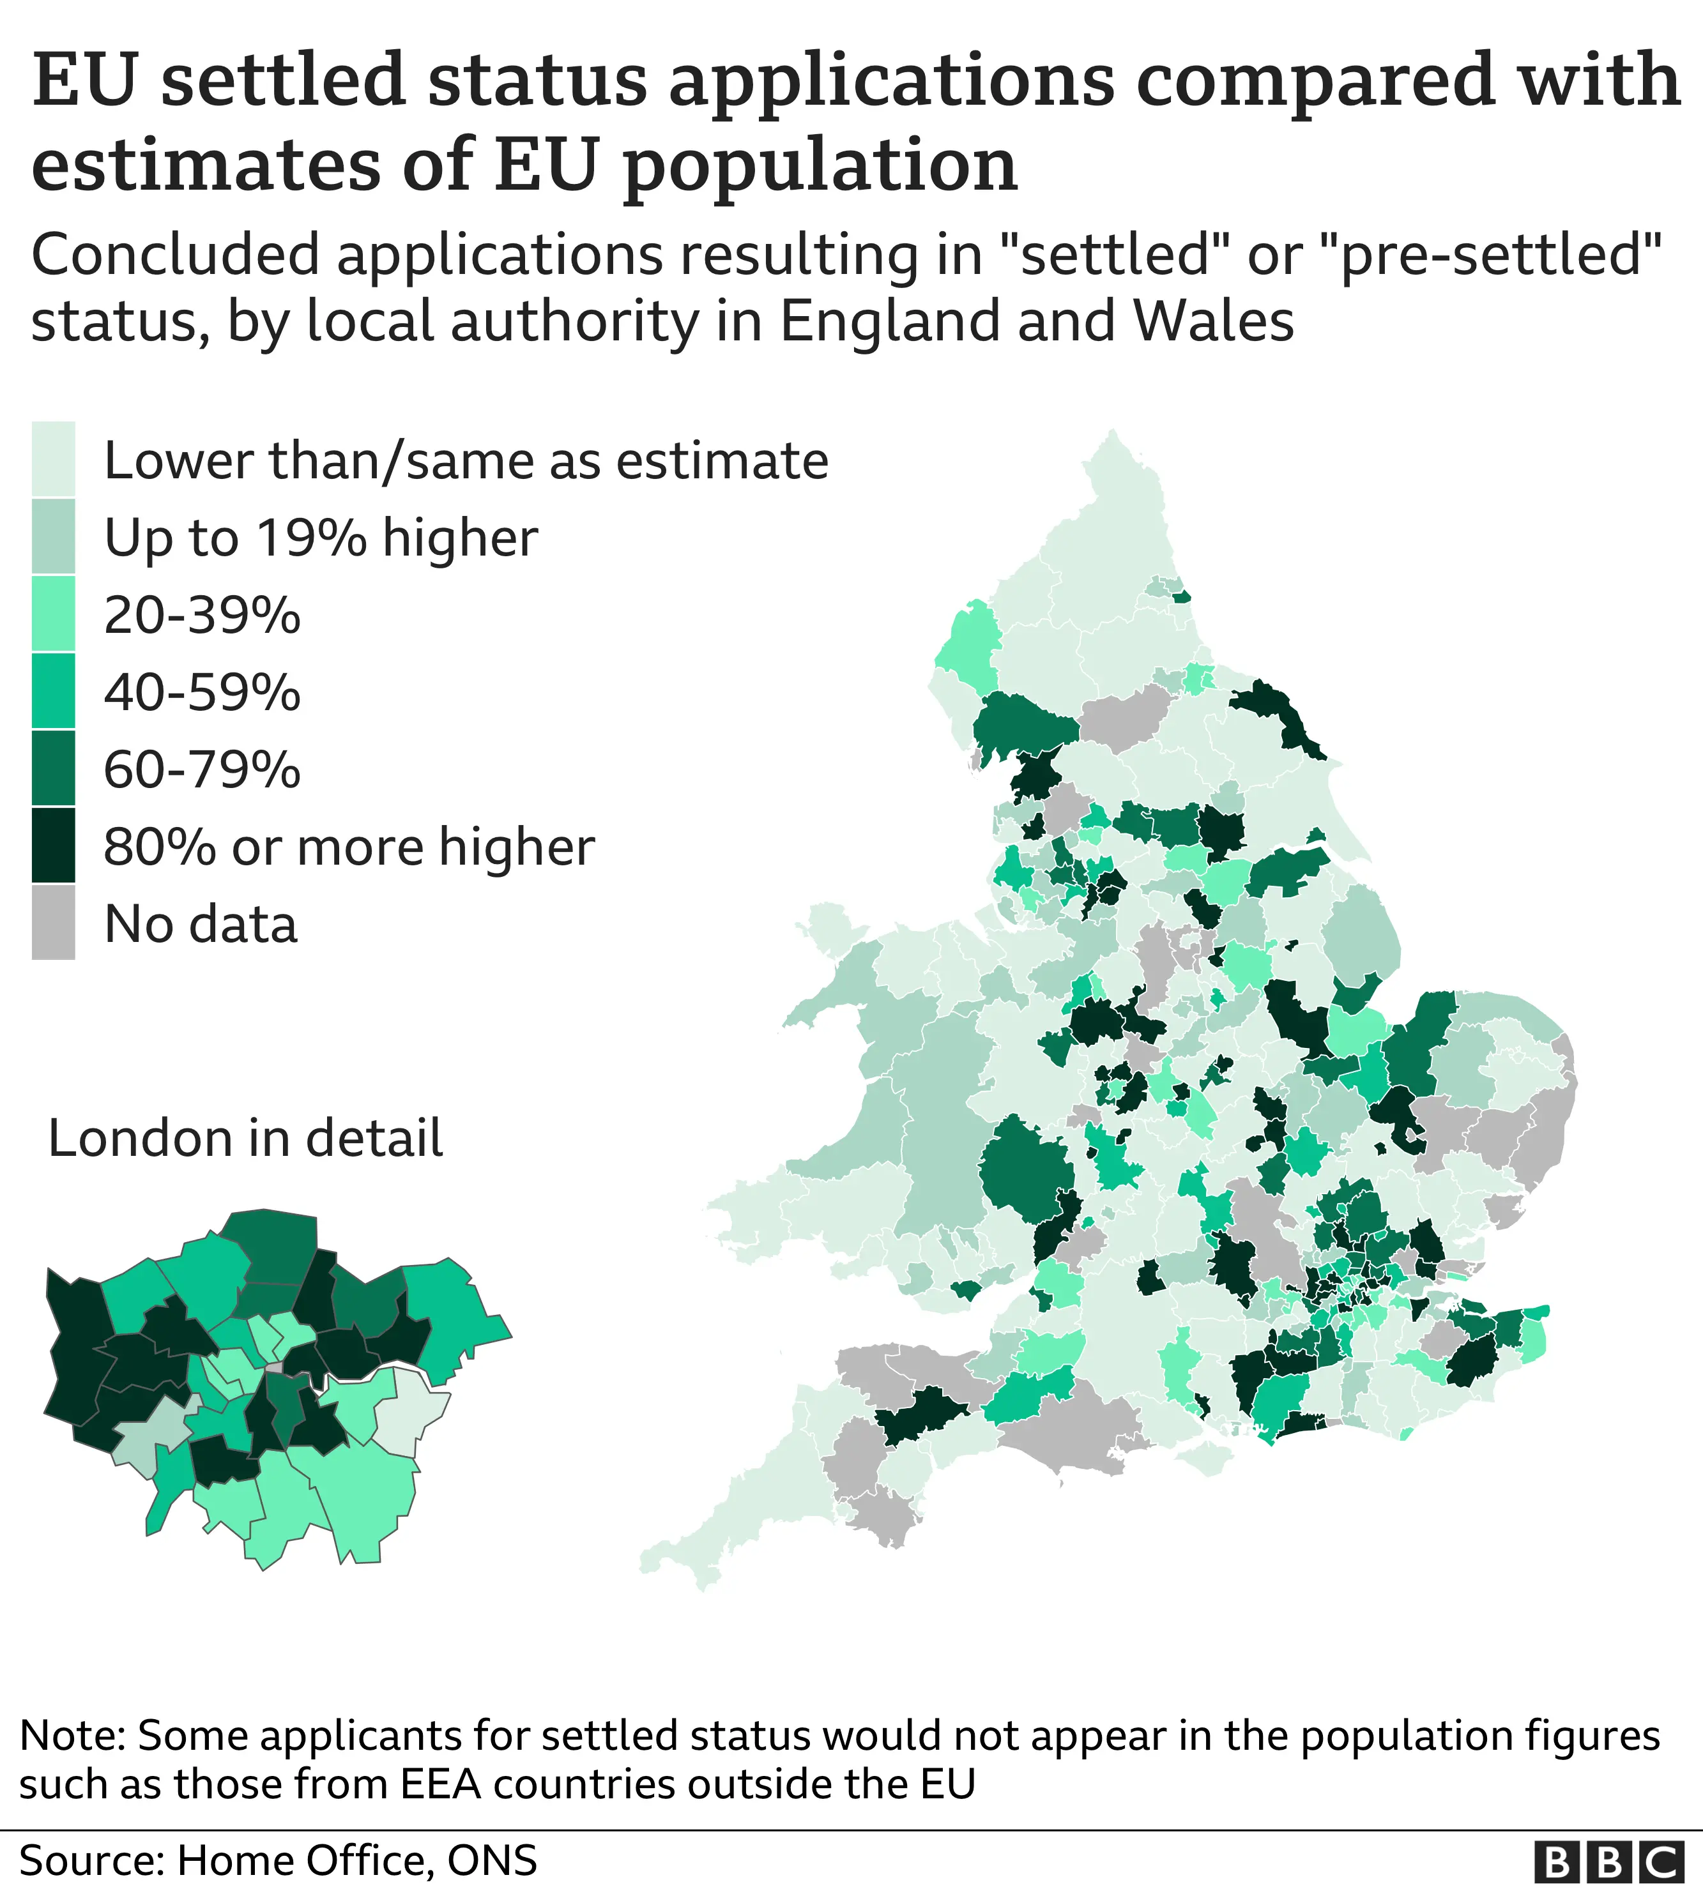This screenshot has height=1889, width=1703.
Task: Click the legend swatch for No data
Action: (53, 923)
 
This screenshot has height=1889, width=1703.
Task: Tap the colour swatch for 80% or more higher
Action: (53, 845)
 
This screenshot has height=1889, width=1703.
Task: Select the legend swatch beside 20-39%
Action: (53, 614)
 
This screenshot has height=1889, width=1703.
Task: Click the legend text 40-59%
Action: (202, 692)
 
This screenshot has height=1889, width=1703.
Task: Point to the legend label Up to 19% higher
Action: (320, 537)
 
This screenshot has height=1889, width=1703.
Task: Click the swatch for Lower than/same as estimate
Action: (53, 459)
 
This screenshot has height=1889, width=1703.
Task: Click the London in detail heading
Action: (245, 1139)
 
